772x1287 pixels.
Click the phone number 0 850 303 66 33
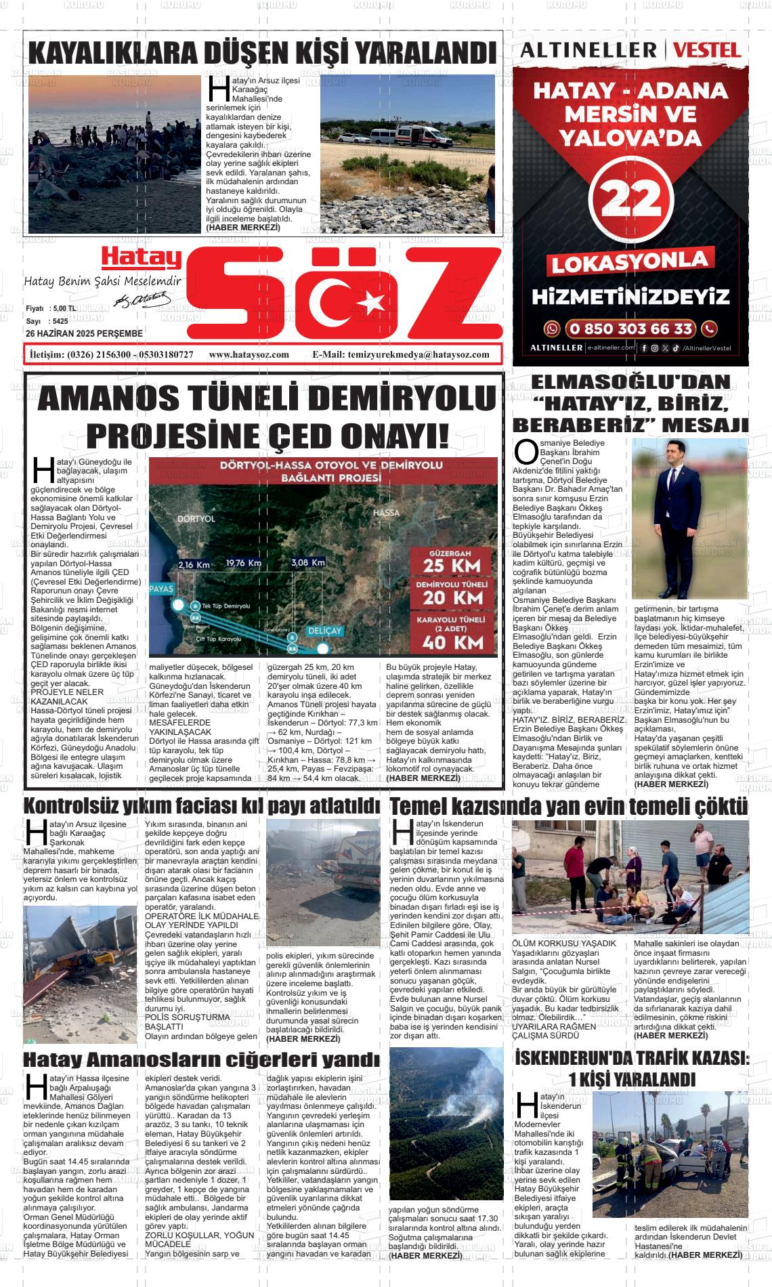tap(630, 329)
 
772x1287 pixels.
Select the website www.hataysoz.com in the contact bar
tap(249, 354)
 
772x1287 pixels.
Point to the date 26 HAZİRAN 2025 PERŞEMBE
tap(84, 334)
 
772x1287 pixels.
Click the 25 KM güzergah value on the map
tap(452, 564)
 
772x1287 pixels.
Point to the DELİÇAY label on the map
tap(324, 630)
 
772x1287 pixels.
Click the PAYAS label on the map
tap(161, 588)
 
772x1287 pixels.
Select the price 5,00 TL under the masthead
tap(63, 308)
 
